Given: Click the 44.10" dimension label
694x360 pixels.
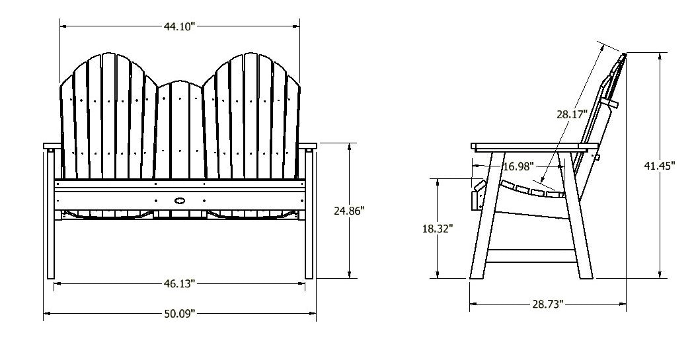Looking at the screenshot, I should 179,26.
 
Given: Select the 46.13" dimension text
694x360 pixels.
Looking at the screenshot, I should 179,283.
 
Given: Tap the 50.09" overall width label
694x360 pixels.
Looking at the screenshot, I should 179,314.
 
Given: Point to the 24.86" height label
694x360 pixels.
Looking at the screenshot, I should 350,211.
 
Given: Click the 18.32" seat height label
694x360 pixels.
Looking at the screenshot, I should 438,229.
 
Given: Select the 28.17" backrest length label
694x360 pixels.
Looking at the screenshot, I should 572,114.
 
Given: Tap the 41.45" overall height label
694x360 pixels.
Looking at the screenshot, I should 659,166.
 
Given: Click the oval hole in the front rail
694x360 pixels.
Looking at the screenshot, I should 180,199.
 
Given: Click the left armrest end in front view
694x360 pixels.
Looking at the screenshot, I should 51,145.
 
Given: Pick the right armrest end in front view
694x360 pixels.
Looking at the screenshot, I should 308,145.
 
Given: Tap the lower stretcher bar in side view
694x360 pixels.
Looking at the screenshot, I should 532,253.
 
